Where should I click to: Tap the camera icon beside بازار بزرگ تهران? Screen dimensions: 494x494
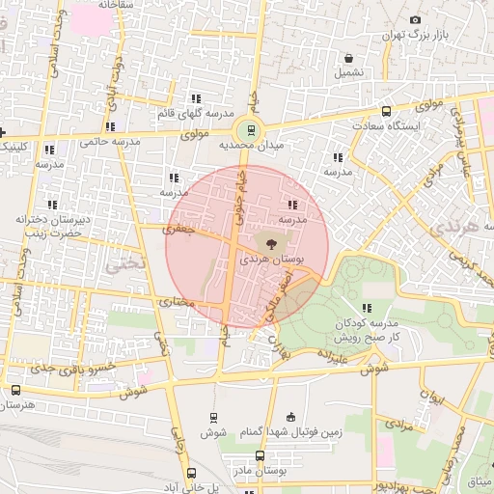pos(415,20)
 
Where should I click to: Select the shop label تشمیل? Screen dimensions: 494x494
pos(349,72)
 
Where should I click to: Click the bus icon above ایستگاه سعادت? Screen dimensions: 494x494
pos(386,111)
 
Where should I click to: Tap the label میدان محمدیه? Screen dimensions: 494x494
pos(248,146)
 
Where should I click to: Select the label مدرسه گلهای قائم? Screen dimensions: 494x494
pos(197,114)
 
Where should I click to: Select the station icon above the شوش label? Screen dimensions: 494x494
pos(211,418)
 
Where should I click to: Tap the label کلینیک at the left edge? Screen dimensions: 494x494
pos(16,147)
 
